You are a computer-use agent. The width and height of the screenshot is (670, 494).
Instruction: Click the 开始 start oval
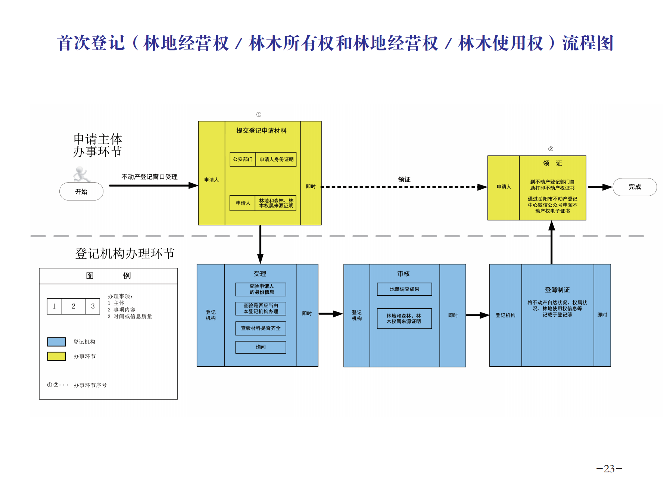pos(81,192)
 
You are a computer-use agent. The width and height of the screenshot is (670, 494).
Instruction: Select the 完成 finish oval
pos(635,187)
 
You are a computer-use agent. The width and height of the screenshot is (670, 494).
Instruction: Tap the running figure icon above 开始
pos(81,174)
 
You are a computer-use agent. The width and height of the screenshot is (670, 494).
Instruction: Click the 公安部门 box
pos(243,159)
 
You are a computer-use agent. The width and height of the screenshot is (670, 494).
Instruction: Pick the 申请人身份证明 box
pos(276,159)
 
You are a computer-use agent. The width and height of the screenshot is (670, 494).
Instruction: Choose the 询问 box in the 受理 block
pos(261,347)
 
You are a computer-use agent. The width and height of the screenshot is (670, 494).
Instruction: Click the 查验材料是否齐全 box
pos(261,328)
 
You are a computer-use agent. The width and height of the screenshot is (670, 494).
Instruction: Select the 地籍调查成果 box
pos(404,289)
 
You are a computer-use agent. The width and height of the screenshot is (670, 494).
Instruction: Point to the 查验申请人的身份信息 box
pos(261,289)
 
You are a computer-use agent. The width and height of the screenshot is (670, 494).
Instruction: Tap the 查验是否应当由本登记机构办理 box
pos(261,308)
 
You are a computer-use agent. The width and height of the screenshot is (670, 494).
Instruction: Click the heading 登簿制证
pos(557,290)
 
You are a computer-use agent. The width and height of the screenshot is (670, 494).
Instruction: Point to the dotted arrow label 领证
pos(404,180)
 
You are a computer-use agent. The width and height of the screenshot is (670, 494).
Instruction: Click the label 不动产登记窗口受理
pos(149,177)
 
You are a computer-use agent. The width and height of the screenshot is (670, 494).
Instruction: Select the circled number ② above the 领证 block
pos(551,149)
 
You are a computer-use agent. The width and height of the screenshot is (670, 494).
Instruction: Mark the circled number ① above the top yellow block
pos(259,115)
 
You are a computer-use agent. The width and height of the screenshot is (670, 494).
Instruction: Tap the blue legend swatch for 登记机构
pos(56,342)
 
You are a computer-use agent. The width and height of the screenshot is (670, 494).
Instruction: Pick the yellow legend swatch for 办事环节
pos(56,356)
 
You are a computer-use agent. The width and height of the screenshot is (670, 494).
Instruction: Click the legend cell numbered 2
pos(74,306)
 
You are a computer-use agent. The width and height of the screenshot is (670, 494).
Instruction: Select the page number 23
pos(609,469)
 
